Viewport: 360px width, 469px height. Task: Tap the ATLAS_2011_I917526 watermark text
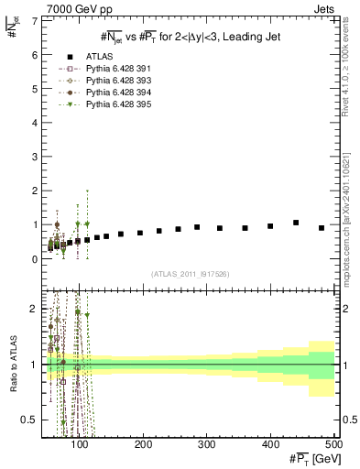coord(190,274)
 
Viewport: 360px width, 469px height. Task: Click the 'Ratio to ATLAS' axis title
coord(12,365)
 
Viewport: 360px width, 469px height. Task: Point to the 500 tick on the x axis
coord(333,444)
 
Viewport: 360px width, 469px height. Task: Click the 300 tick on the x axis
coord(207,444)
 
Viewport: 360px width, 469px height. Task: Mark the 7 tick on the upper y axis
coord(34,20)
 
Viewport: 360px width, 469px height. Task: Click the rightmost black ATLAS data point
coord(322,228)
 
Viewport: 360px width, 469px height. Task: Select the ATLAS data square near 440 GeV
coord(296,223)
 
